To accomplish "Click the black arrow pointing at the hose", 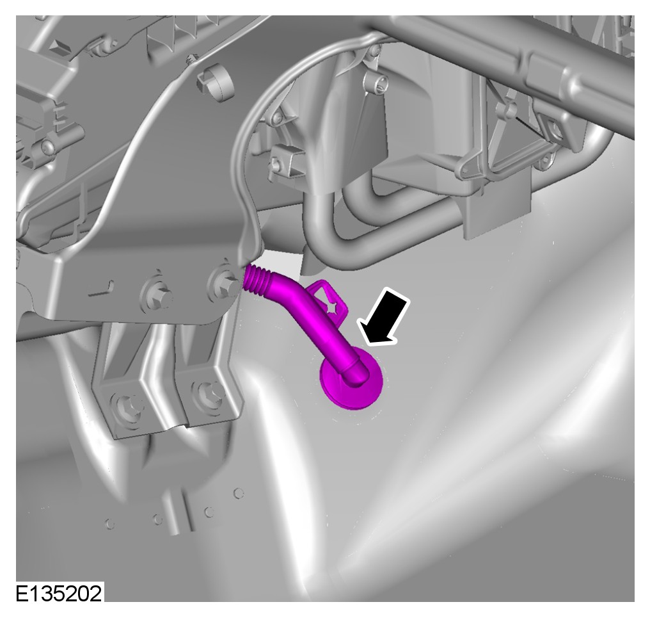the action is [384, 317].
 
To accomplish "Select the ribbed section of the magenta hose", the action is [257, 280].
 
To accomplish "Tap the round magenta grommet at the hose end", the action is [351, 377].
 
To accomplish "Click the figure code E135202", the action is [58, 594].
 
